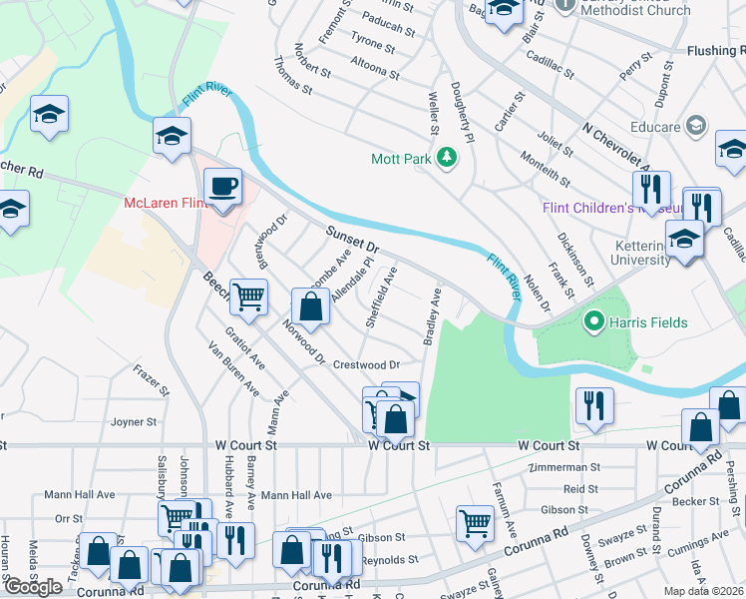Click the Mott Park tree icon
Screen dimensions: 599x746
449,158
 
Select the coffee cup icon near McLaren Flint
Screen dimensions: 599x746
222,187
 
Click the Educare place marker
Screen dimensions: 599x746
696,126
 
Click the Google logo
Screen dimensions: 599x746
33,587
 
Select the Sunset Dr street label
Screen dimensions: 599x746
353,239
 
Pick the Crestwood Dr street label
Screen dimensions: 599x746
366,365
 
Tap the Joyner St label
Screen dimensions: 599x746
135,422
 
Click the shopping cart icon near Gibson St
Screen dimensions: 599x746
475,522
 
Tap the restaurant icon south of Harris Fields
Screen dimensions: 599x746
594,405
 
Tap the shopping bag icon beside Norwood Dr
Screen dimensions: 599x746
311,306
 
